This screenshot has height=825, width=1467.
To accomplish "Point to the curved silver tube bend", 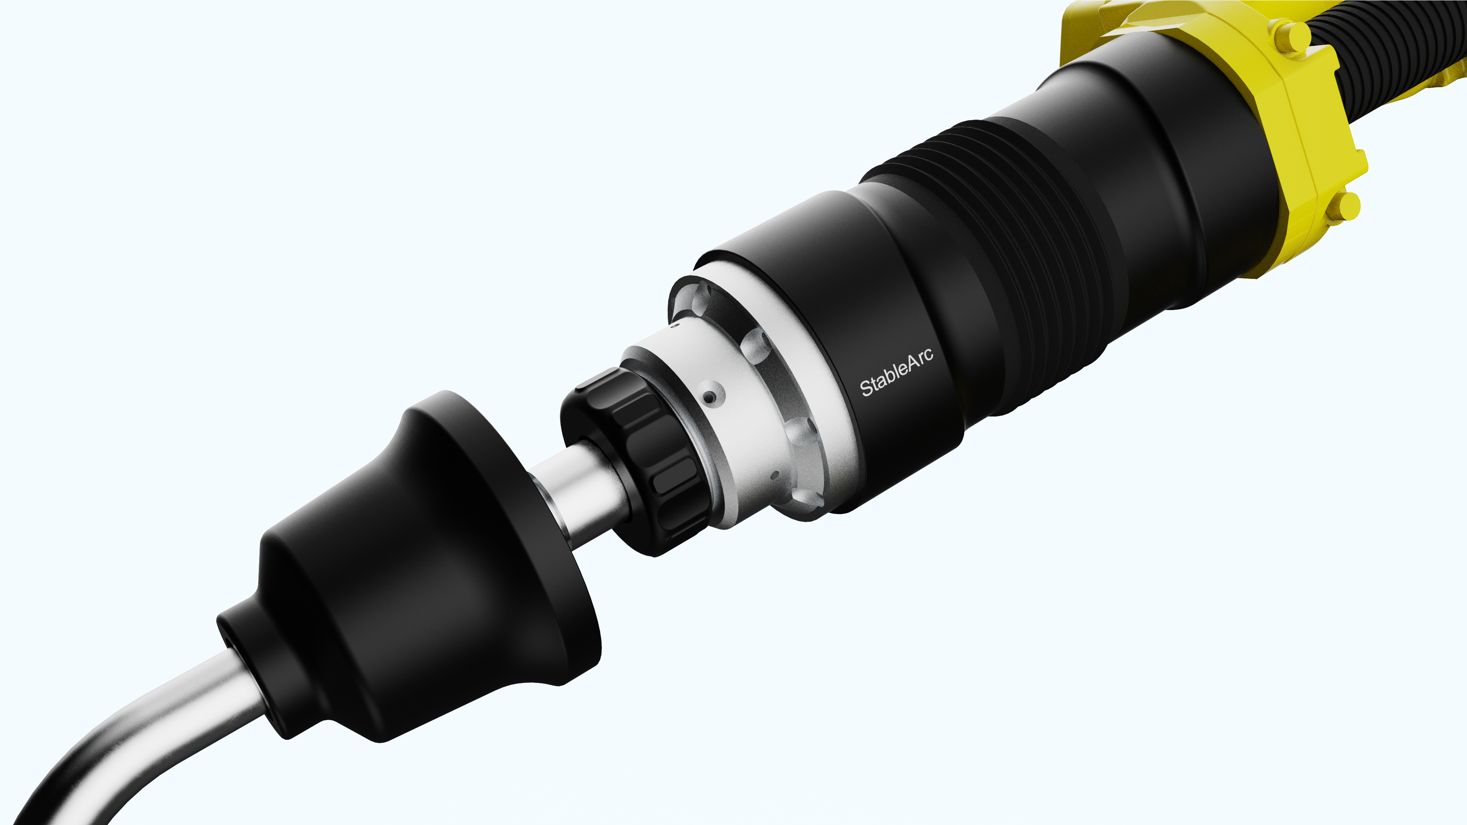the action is click(131, 740).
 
